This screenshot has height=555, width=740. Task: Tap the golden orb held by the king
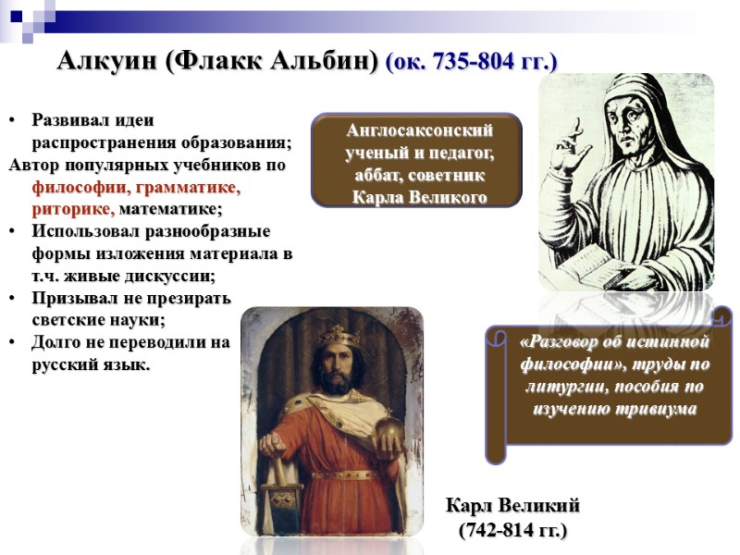point(388,430)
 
